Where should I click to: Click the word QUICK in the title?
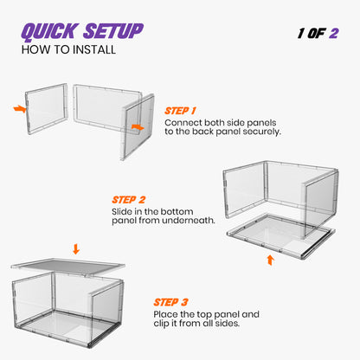49,33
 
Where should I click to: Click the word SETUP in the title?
110,33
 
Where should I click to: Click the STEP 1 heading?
181,111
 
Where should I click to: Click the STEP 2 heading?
128,198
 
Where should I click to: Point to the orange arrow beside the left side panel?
20,109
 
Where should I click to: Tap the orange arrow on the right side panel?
137,126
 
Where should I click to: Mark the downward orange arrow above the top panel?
77,249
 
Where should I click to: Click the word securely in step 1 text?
259,132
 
